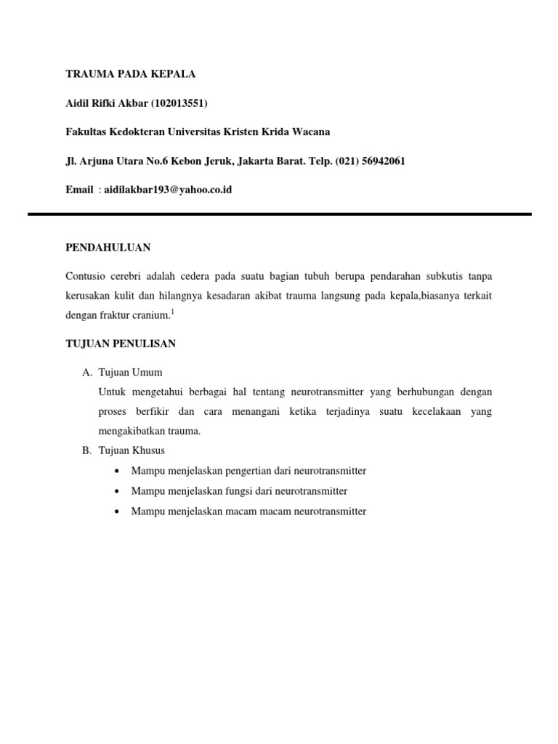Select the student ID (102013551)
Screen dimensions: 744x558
click(x=179, y=103)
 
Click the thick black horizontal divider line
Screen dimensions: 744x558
click(x=279, y=214)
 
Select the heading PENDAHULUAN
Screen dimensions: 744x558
click(x=108, y=248)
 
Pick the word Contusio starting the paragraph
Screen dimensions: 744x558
click(x=85, y=277)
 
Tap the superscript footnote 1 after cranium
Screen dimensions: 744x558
click(x=172, y=312)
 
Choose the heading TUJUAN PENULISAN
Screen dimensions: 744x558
click(x=121, y=344)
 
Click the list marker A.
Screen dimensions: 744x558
click(x=86, y=373)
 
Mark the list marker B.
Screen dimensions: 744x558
click(x=86, y=451)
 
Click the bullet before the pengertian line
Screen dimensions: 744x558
click(x=118, y=471)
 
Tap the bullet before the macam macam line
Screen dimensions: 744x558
click(x=118, y=511)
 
